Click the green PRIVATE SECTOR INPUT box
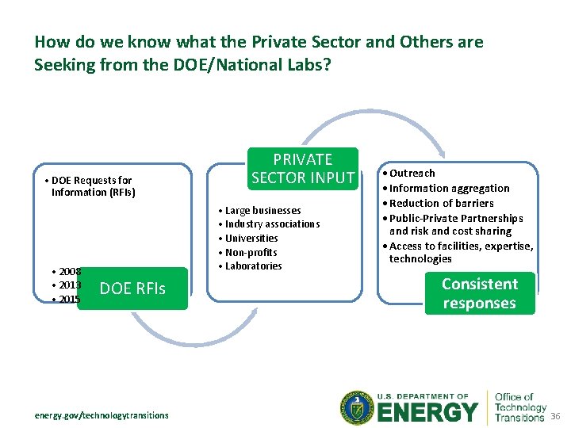(x=302, y=168)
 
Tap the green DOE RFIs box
(x=132, y=289)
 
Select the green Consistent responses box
(x=479, y=293)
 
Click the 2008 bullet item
(x=69, y=272)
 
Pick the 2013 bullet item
(x=69, y=285)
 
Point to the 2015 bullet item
(x=69, y=300)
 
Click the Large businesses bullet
(x=263, y=211)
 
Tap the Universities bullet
(x=251, y=239)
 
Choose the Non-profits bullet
(x=251, y=253)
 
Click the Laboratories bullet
(x=253, y=266)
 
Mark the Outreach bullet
(x=412, y=173)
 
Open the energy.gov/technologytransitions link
(x=101, y=415)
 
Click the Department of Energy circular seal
(x=355, y=408)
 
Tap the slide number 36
(x=555, y=417)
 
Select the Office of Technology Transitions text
(x=520, y=407)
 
